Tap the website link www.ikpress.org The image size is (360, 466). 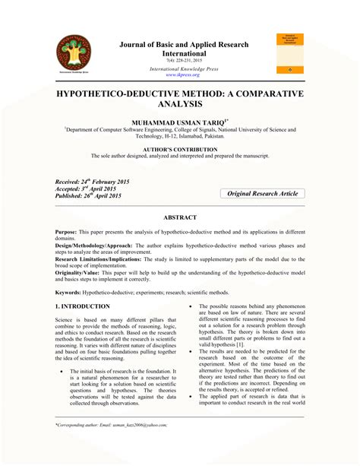tap(185, 74)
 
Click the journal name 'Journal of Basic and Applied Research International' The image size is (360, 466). tap(184, 49)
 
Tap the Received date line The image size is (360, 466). tap(88, 183)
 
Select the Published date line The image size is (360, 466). tap(88, 195)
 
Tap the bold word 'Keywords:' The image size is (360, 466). tap(69, 293)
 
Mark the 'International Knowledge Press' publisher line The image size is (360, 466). tap(185, 68)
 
